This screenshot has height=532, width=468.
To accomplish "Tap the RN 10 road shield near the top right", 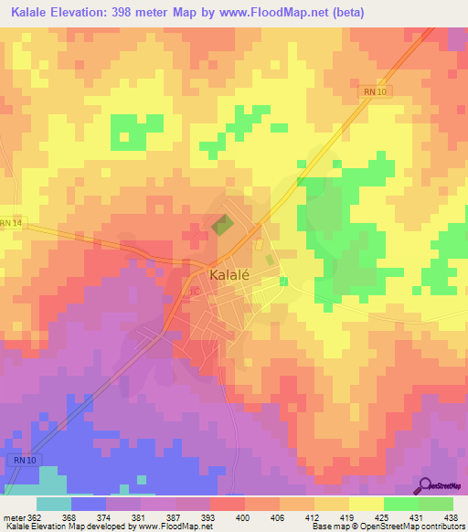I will pyautogui.click(x=368, y=91).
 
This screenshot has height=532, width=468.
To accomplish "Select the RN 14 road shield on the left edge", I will pyautogui.click(x=10, y=222).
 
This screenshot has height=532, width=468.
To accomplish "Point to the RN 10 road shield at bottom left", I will pyautogui.click(x=23, y=460).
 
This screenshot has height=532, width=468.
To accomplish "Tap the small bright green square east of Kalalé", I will pyautogui.click(x=283, y=281).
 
